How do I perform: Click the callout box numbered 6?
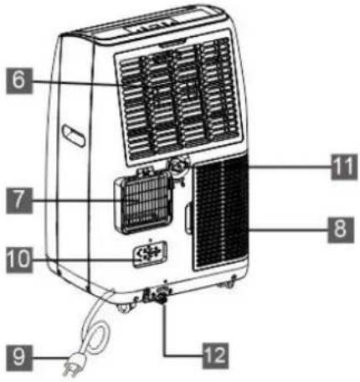(x=19, y=80)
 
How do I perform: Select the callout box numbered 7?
(x=19, y=200)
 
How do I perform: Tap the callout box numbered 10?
(x=19, y=260)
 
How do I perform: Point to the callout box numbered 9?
(x=19, y=358)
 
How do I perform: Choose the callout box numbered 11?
(x=344, y=167)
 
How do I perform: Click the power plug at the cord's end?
(x=73, y=364)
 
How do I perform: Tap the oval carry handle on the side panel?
(x=74, y=135)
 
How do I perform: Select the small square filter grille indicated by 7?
(x=143, y=203)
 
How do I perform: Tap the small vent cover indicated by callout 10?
(x=150, y=253)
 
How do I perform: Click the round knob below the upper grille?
(x=179, y=165)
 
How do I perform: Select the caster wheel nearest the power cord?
(x=125, y=307)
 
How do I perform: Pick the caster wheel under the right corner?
(x=228, y=284)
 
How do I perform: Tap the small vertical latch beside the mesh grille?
(x=188, y=219)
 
